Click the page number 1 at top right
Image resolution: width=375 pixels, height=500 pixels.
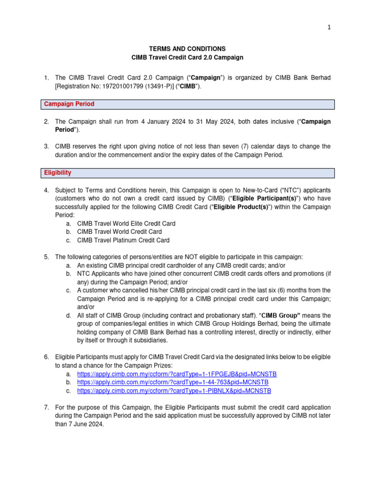pyautogui.click(x=329, y=28)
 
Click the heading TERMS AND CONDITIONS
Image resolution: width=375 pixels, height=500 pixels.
pyautogui.click(x=187, y=49)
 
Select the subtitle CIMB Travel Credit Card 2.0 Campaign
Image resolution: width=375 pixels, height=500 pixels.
pyautogui.click(x=187, y=58)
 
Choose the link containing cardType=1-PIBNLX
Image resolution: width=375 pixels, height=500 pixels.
pyautogui.click(x=174, y=391)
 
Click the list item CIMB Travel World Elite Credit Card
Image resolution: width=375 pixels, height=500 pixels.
pyautogui.click(x=126, y=223)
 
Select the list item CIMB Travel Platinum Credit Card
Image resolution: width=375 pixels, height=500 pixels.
pyautogui.click(x=124, y=240)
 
